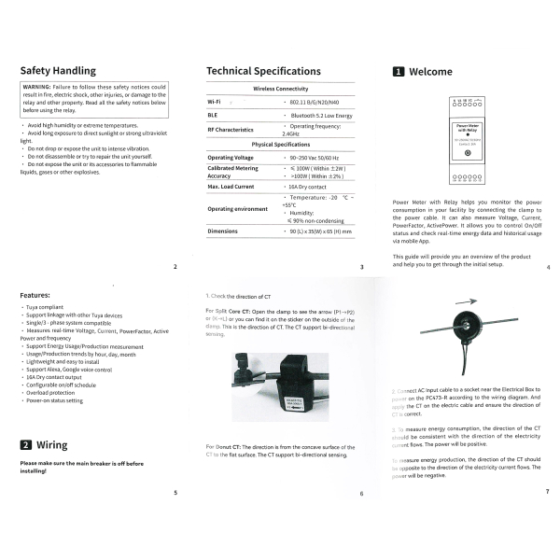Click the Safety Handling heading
click(x=58, y=70)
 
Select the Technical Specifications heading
click(x=262, y=71)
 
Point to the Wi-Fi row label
click(x=214, y=100)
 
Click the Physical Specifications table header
click(x=281, y=145)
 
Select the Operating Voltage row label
click(x=231, y=158)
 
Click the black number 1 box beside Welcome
click(x=398, y=71)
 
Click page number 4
click(x=548, y=268)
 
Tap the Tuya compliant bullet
click(x=47, y=306)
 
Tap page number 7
click(x=547, y=492)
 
